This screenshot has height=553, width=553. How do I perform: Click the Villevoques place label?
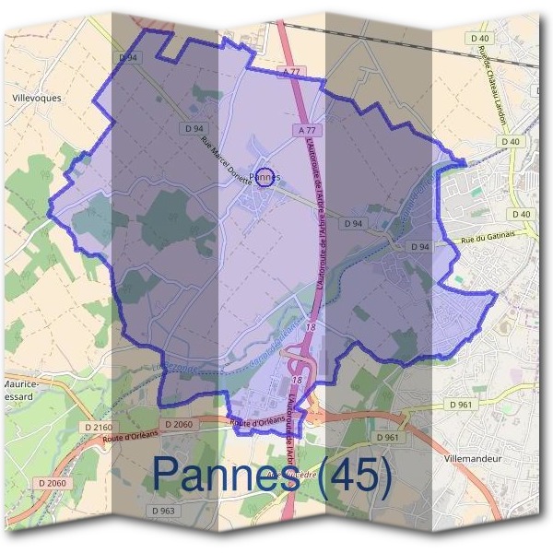pos(36,95)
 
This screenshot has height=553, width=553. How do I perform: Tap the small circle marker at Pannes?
pos(265,177)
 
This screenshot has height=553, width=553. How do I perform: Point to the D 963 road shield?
pos(161,510)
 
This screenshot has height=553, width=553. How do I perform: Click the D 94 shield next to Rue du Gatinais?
pos(419,247)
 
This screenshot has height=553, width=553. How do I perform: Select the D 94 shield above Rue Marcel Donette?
pos(193,126)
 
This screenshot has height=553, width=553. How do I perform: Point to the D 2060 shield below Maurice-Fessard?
pos(53,483)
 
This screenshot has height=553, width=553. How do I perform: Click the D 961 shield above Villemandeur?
pos(387,437)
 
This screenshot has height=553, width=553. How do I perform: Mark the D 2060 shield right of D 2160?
pos(158,424)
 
